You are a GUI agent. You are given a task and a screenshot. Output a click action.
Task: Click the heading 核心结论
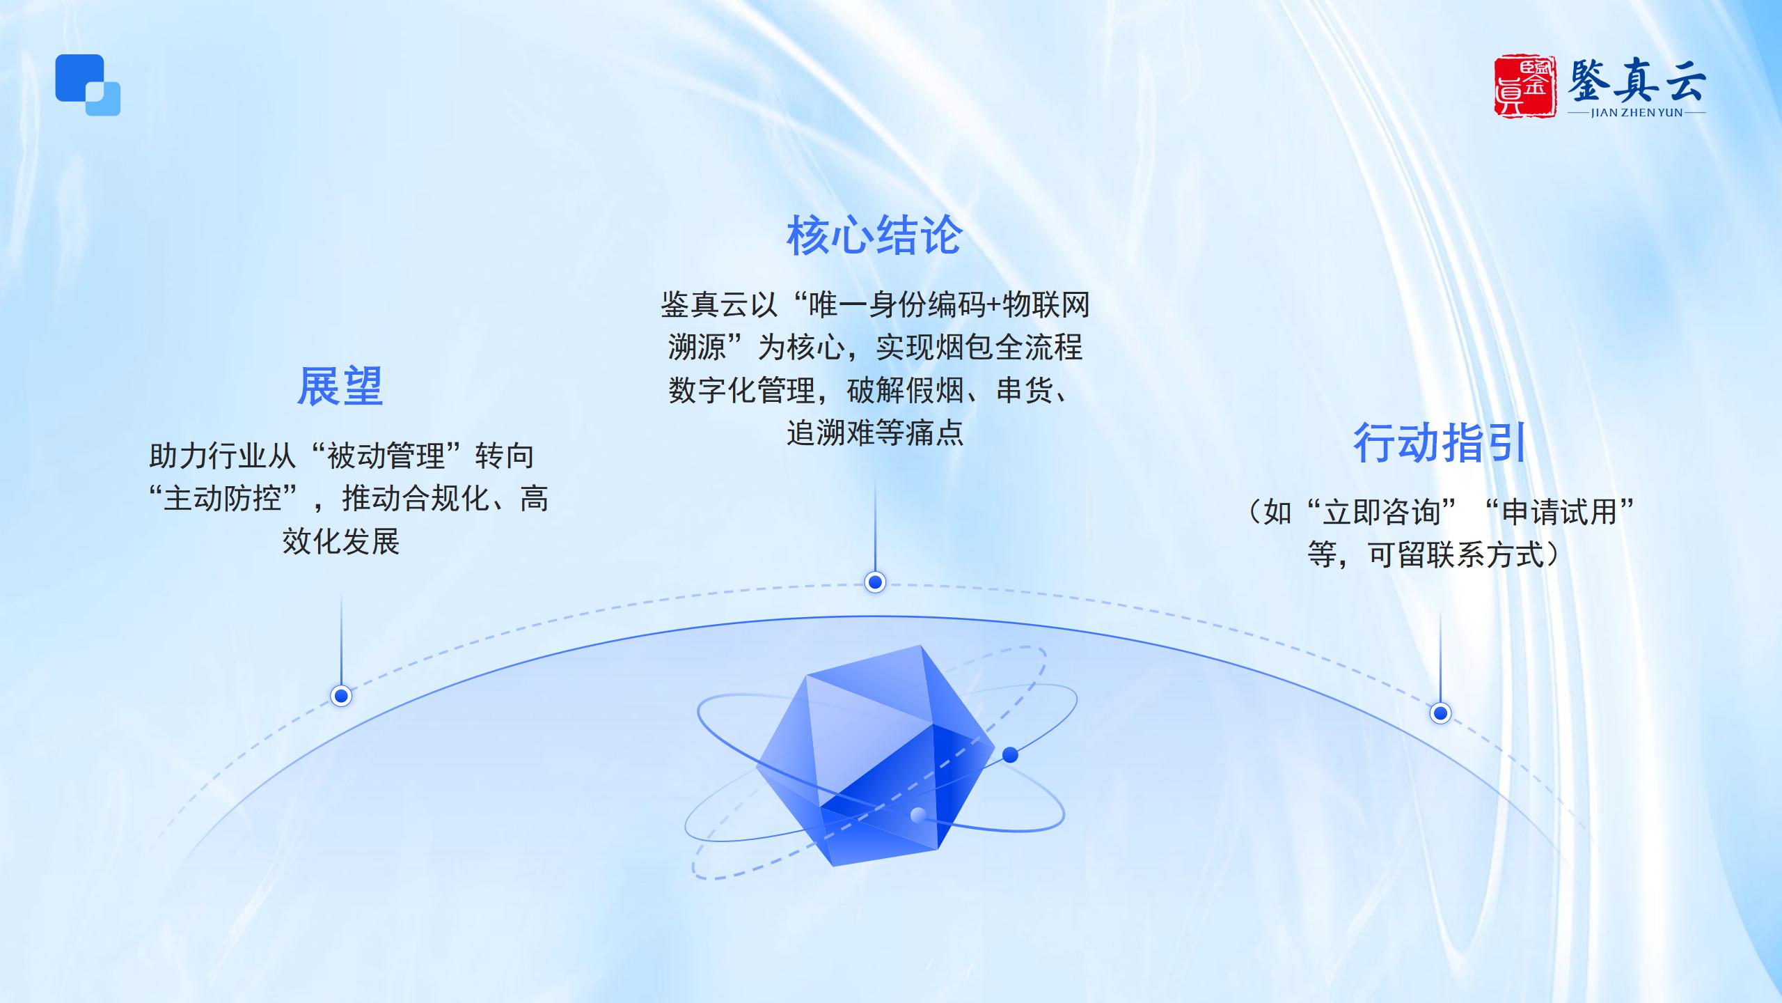tap(874, 235)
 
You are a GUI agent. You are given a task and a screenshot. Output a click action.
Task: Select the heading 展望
tap(340, 387)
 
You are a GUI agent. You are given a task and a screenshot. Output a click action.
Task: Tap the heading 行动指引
tap(1440, 443)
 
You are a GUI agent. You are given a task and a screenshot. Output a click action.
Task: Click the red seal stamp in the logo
tap(1524, 86)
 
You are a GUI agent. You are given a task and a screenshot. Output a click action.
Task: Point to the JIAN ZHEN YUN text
tap(1637, 113)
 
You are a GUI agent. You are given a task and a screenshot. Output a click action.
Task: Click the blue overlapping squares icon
tap(88, 85)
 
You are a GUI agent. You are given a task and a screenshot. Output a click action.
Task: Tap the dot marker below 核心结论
tap(875, 582)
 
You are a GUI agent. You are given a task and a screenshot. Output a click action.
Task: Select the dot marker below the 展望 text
tap(341, 695)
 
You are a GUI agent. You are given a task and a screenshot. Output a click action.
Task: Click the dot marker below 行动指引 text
tap(1440, 713)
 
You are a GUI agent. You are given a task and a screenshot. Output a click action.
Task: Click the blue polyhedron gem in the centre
tap(875, 756)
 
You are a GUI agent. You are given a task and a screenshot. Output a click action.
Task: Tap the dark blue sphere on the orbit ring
tap(1010, 754)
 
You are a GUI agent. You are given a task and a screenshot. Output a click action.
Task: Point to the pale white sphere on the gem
tap(918, 814)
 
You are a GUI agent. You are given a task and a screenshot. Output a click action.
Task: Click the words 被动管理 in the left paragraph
tap(386, 456)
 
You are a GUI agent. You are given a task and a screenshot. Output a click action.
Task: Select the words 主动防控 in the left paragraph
tap(223, 499)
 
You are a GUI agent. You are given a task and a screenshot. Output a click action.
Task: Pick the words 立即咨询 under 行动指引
tap(1381, 513)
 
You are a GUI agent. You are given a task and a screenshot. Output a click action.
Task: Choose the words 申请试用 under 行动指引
tap(1559, 513)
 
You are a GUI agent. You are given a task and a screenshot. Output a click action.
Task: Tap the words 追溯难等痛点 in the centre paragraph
tap(875, 433)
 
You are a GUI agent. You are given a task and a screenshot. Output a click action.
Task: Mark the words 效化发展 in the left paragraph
tap(341, 541)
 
